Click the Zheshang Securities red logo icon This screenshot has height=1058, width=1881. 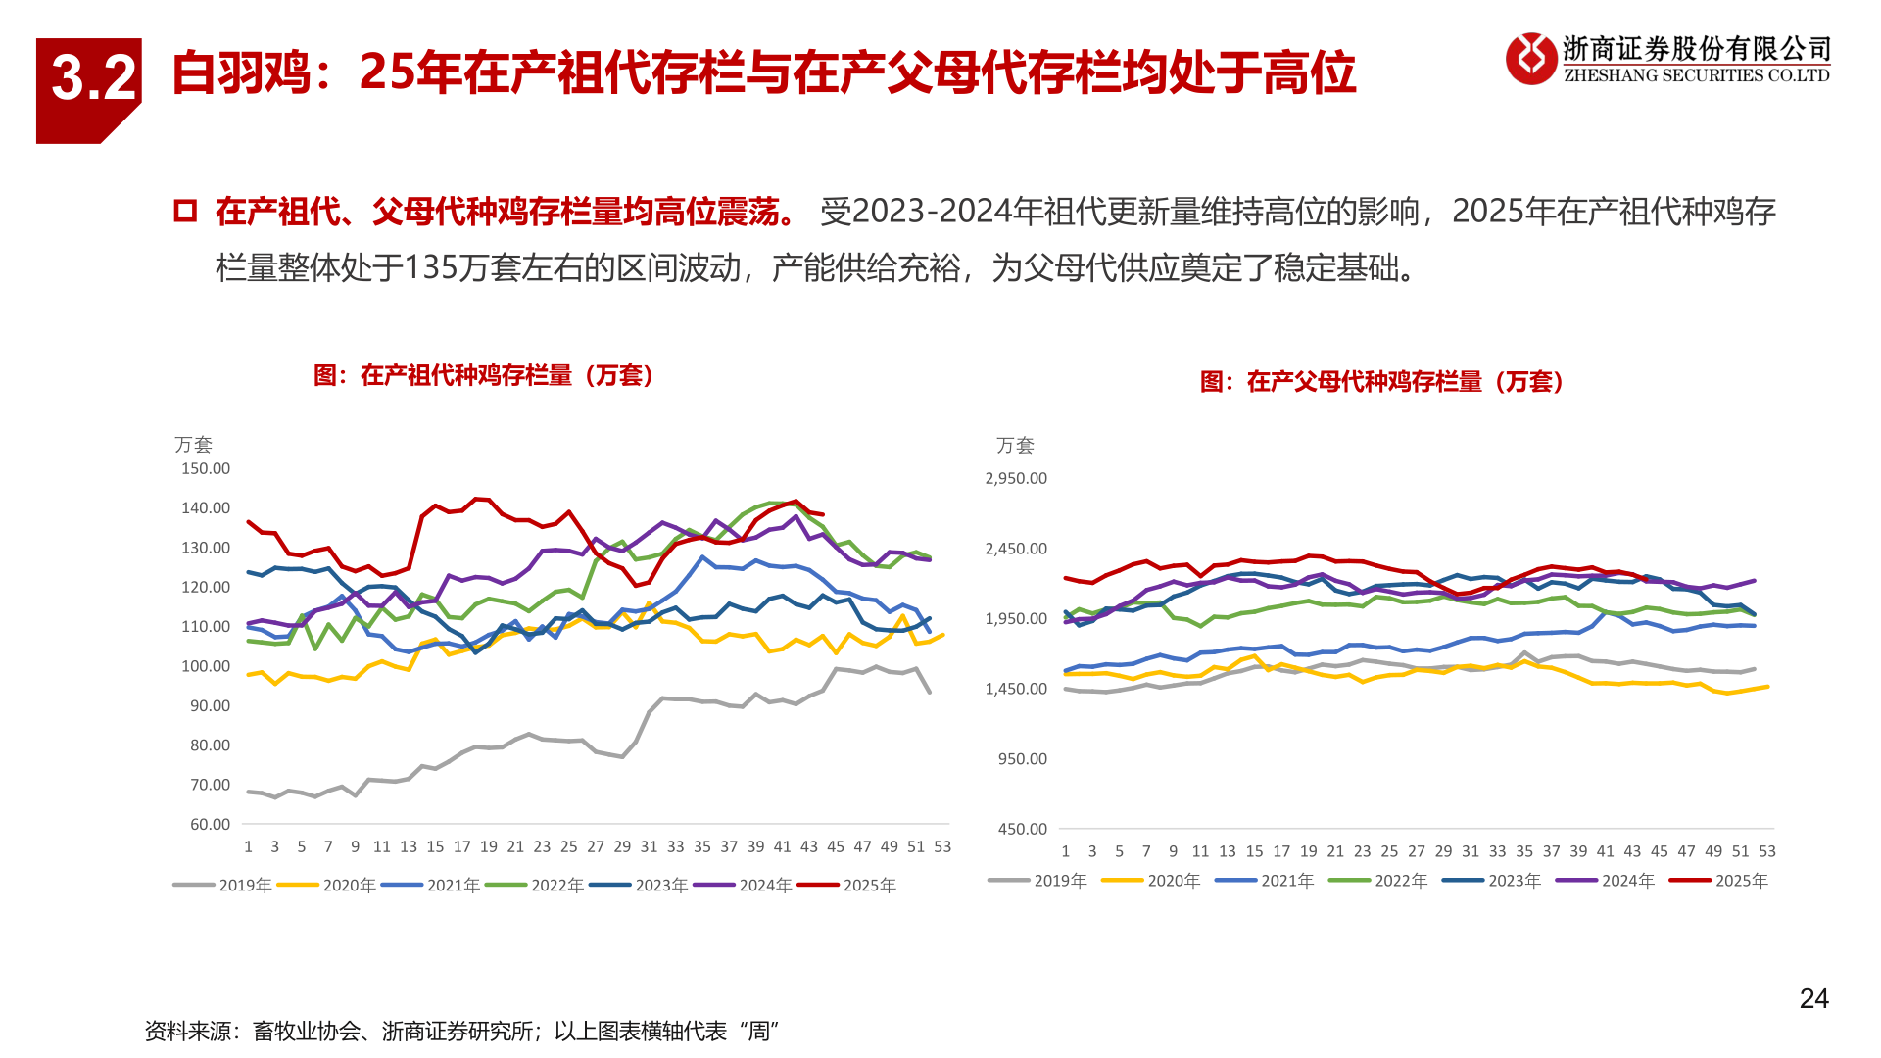pos(1530,59)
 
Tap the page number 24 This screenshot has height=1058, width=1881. pos(1813,998)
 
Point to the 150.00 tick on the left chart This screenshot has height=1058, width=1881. pos(206,468)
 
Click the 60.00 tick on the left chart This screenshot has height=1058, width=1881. pos(210,824)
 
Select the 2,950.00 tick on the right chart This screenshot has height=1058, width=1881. pos(1016,478)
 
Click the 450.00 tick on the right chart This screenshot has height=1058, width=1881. pos(1022,829)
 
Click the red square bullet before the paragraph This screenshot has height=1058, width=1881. pos(185,211)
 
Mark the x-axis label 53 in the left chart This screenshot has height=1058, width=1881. pos(942,846)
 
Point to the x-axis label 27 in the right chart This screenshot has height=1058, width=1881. pos(1417,851)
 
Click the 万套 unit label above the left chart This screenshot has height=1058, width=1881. pos(193,445)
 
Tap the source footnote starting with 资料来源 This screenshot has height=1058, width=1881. pos(460,1031)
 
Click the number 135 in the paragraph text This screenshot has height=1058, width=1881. pos(431,267)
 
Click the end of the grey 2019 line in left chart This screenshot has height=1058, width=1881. pos(929,692)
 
